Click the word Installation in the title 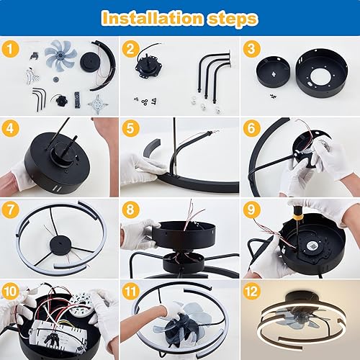[151, 18]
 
